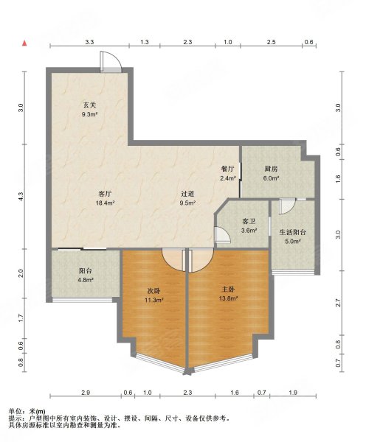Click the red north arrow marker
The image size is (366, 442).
click(x=25, y=43)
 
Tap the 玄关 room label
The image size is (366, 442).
click(x=89, y=105)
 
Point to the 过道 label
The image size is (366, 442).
click(x=187, y=194)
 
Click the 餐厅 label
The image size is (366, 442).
click(x=227, y=169)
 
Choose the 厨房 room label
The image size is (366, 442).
click(x=271, y=169)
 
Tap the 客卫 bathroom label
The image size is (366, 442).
click(x=249, y=221)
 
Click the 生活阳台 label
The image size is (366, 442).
click(x=293, y=232)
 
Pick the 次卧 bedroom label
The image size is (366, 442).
click(x=154, y=291)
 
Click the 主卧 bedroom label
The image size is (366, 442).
click(x=227, y=290)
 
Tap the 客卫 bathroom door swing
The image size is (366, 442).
click(x=223, y=234)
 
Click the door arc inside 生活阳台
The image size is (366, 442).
click(x=287, y=206)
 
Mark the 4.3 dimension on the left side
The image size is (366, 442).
click(x=21, y=197)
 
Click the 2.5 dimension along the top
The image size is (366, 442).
click(x=271, y=42)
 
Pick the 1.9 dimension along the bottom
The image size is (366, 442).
click(x=293, y=393)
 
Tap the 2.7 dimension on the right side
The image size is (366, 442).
click(x=339, y=303)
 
